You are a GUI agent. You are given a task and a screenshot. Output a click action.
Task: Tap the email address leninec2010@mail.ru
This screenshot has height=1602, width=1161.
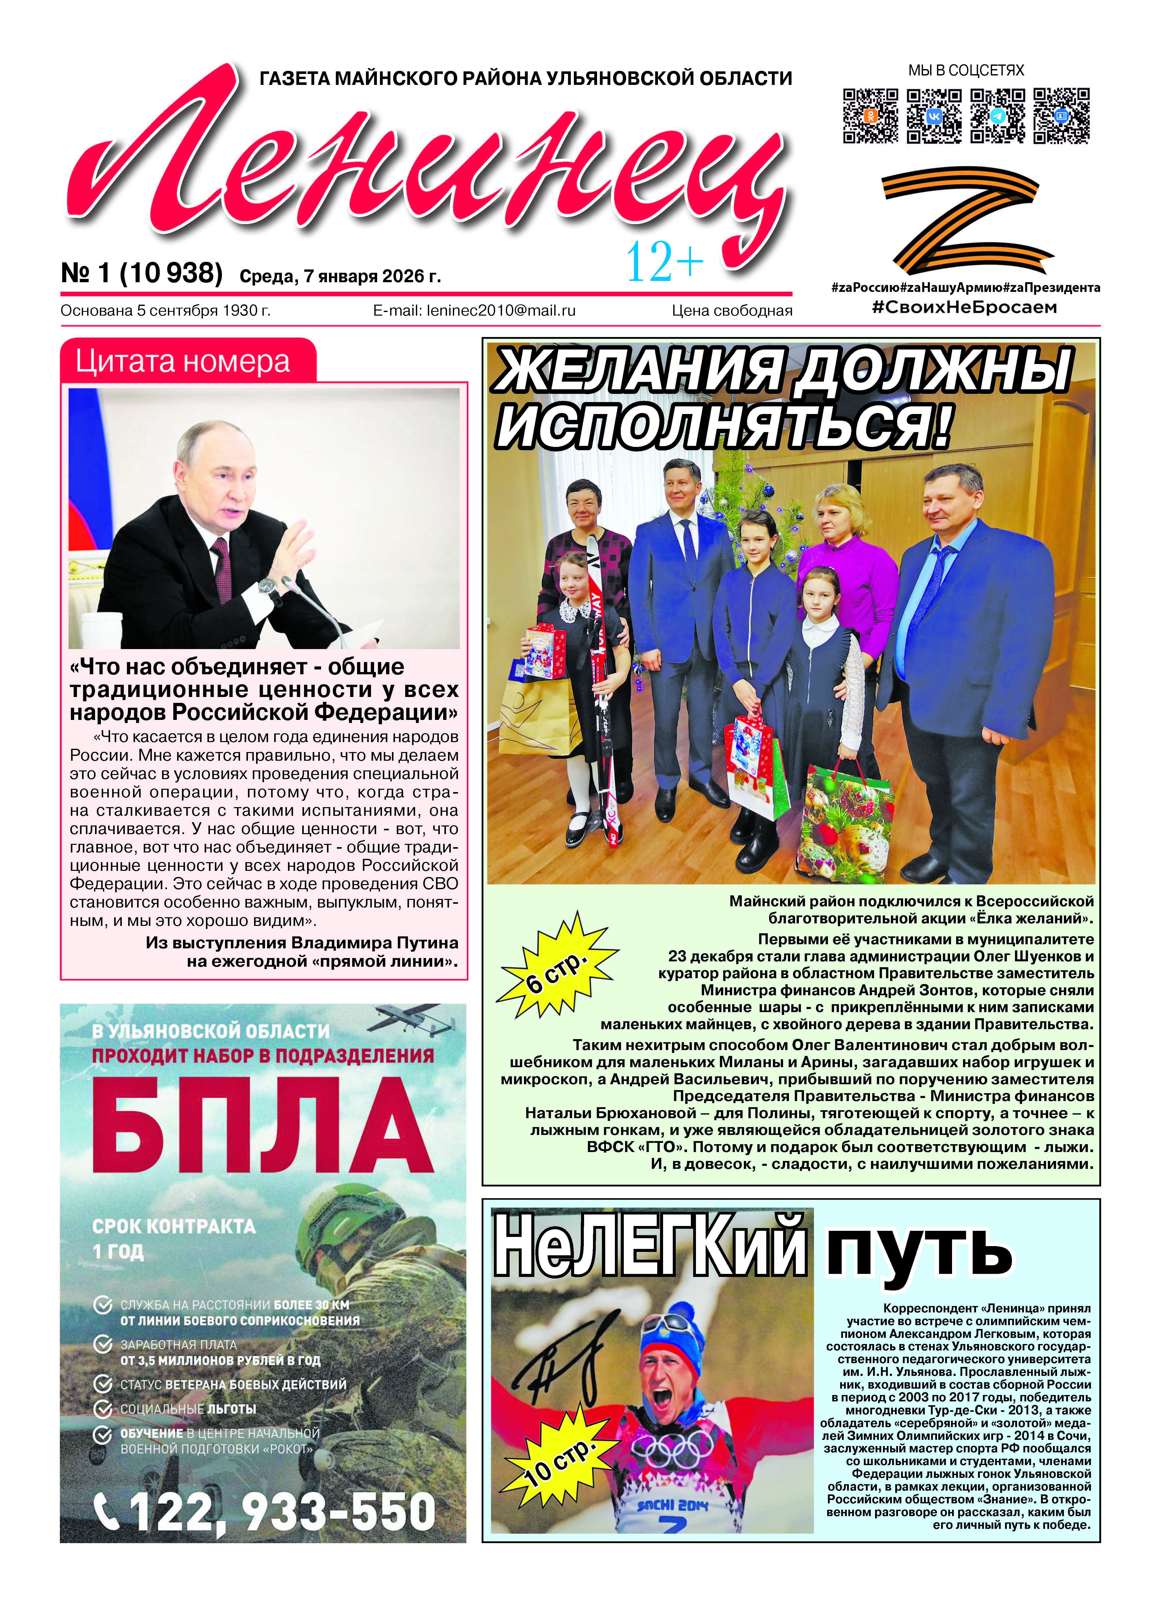coord(474,310)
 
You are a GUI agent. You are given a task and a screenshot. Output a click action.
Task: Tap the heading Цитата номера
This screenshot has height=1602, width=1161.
coord(183,362)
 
